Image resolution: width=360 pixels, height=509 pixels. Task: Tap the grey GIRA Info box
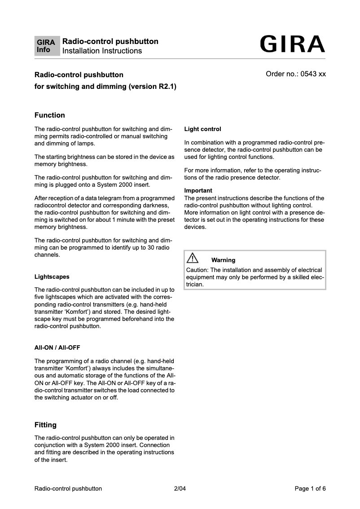[47, 46]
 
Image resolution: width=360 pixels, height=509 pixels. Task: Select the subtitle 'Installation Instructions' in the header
[102, 51]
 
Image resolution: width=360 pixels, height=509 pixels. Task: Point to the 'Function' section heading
[50, 115]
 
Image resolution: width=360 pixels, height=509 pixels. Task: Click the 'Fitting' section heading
[46, 425]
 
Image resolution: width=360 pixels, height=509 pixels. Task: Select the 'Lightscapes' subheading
[52, 277]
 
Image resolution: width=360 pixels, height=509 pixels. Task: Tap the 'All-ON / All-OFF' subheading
[57, 348]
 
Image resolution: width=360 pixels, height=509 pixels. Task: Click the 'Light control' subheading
[202, 129]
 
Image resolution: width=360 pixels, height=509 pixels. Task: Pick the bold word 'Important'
[198, 191]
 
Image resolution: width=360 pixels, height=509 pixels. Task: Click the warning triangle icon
[193, 258]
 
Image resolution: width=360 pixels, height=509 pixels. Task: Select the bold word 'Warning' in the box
[223, 260]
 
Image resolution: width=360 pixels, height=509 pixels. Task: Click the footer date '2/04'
[180, 489]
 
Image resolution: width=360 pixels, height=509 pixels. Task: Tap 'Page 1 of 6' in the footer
[310, 489]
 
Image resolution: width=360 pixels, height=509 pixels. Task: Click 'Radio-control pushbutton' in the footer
[68, 489]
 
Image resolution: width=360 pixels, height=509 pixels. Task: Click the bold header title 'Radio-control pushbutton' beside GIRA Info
[110, 42]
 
